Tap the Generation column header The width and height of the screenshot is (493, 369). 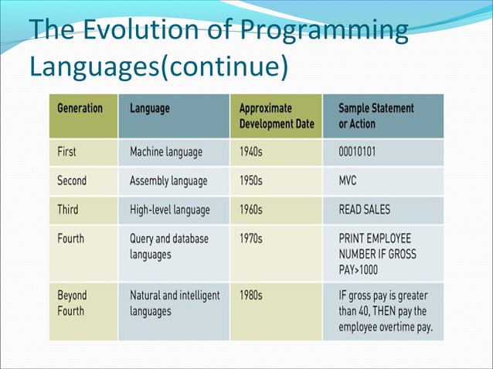[80, 108]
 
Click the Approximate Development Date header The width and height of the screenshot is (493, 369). [277, 116]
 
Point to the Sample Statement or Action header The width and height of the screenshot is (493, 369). [376, 116]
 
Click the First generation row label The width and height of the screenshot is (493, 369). [66, 152]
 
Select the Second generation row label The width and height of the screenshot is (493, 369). [72, 181]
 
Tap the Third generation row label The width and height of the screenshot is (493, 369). [68, 209]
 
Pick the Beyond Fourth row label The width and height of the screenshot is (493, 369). [72, 303]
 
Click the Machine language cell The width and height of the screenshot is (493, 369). [165, 152]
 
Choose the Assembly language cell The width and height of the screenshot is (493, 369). [168, 181]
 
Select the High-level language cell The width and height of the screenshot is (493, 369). [168, 209]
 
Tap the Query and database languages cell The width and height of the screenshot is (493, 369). [168, 247]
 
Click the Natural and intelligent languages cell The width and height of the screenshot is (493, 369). [175, 303]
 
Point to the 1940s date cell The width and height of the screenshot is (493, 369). [251, 152]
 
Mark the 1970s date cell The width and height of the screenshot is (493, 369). [251, 239]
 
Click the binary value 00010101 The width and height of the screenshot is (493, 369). [358, 152]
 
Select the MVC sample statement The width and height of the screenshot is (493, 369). [349, 181]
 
